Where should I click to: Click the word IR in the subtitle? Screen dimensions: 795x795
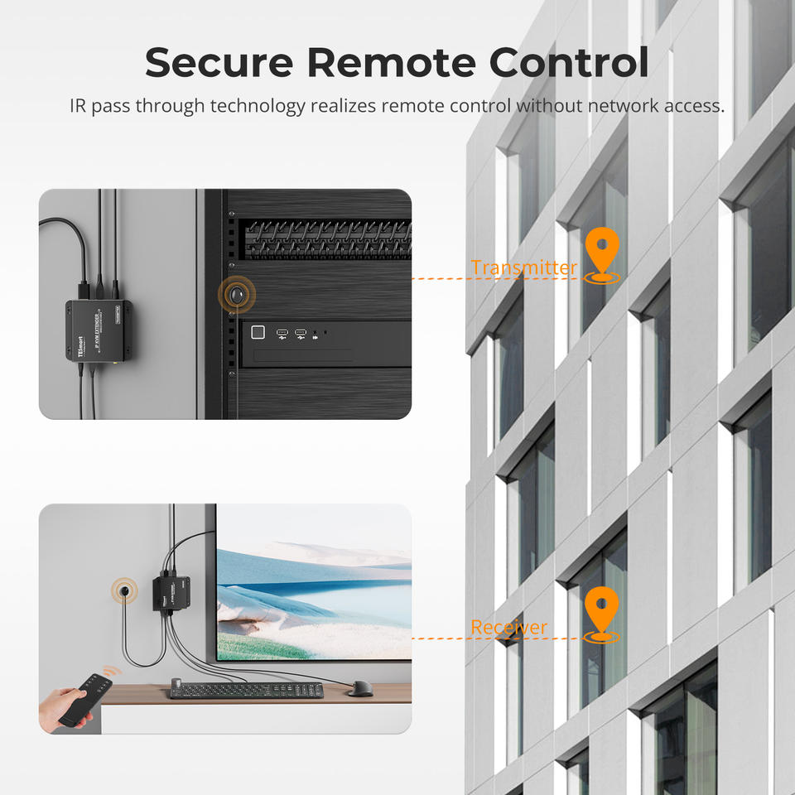[79, 106]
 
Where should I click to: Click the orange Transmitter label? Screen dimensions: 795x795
[523, 267]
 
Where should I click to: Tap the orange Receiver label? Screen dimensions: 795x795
[508, 628]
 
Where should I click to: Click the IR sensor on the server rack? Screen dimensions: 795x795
[238, 294]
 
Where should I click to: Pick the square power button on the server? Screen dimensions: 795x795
[258, 334]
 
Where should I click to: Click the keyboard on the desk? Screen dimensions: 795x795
[246, 690]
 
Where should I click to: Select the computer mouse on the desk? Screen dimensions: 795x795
[360, 688]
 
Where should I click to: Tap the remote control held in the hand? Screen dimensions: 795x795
[87, 697]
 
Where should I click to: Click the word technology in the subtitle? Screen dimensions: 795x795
[259, 106]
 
